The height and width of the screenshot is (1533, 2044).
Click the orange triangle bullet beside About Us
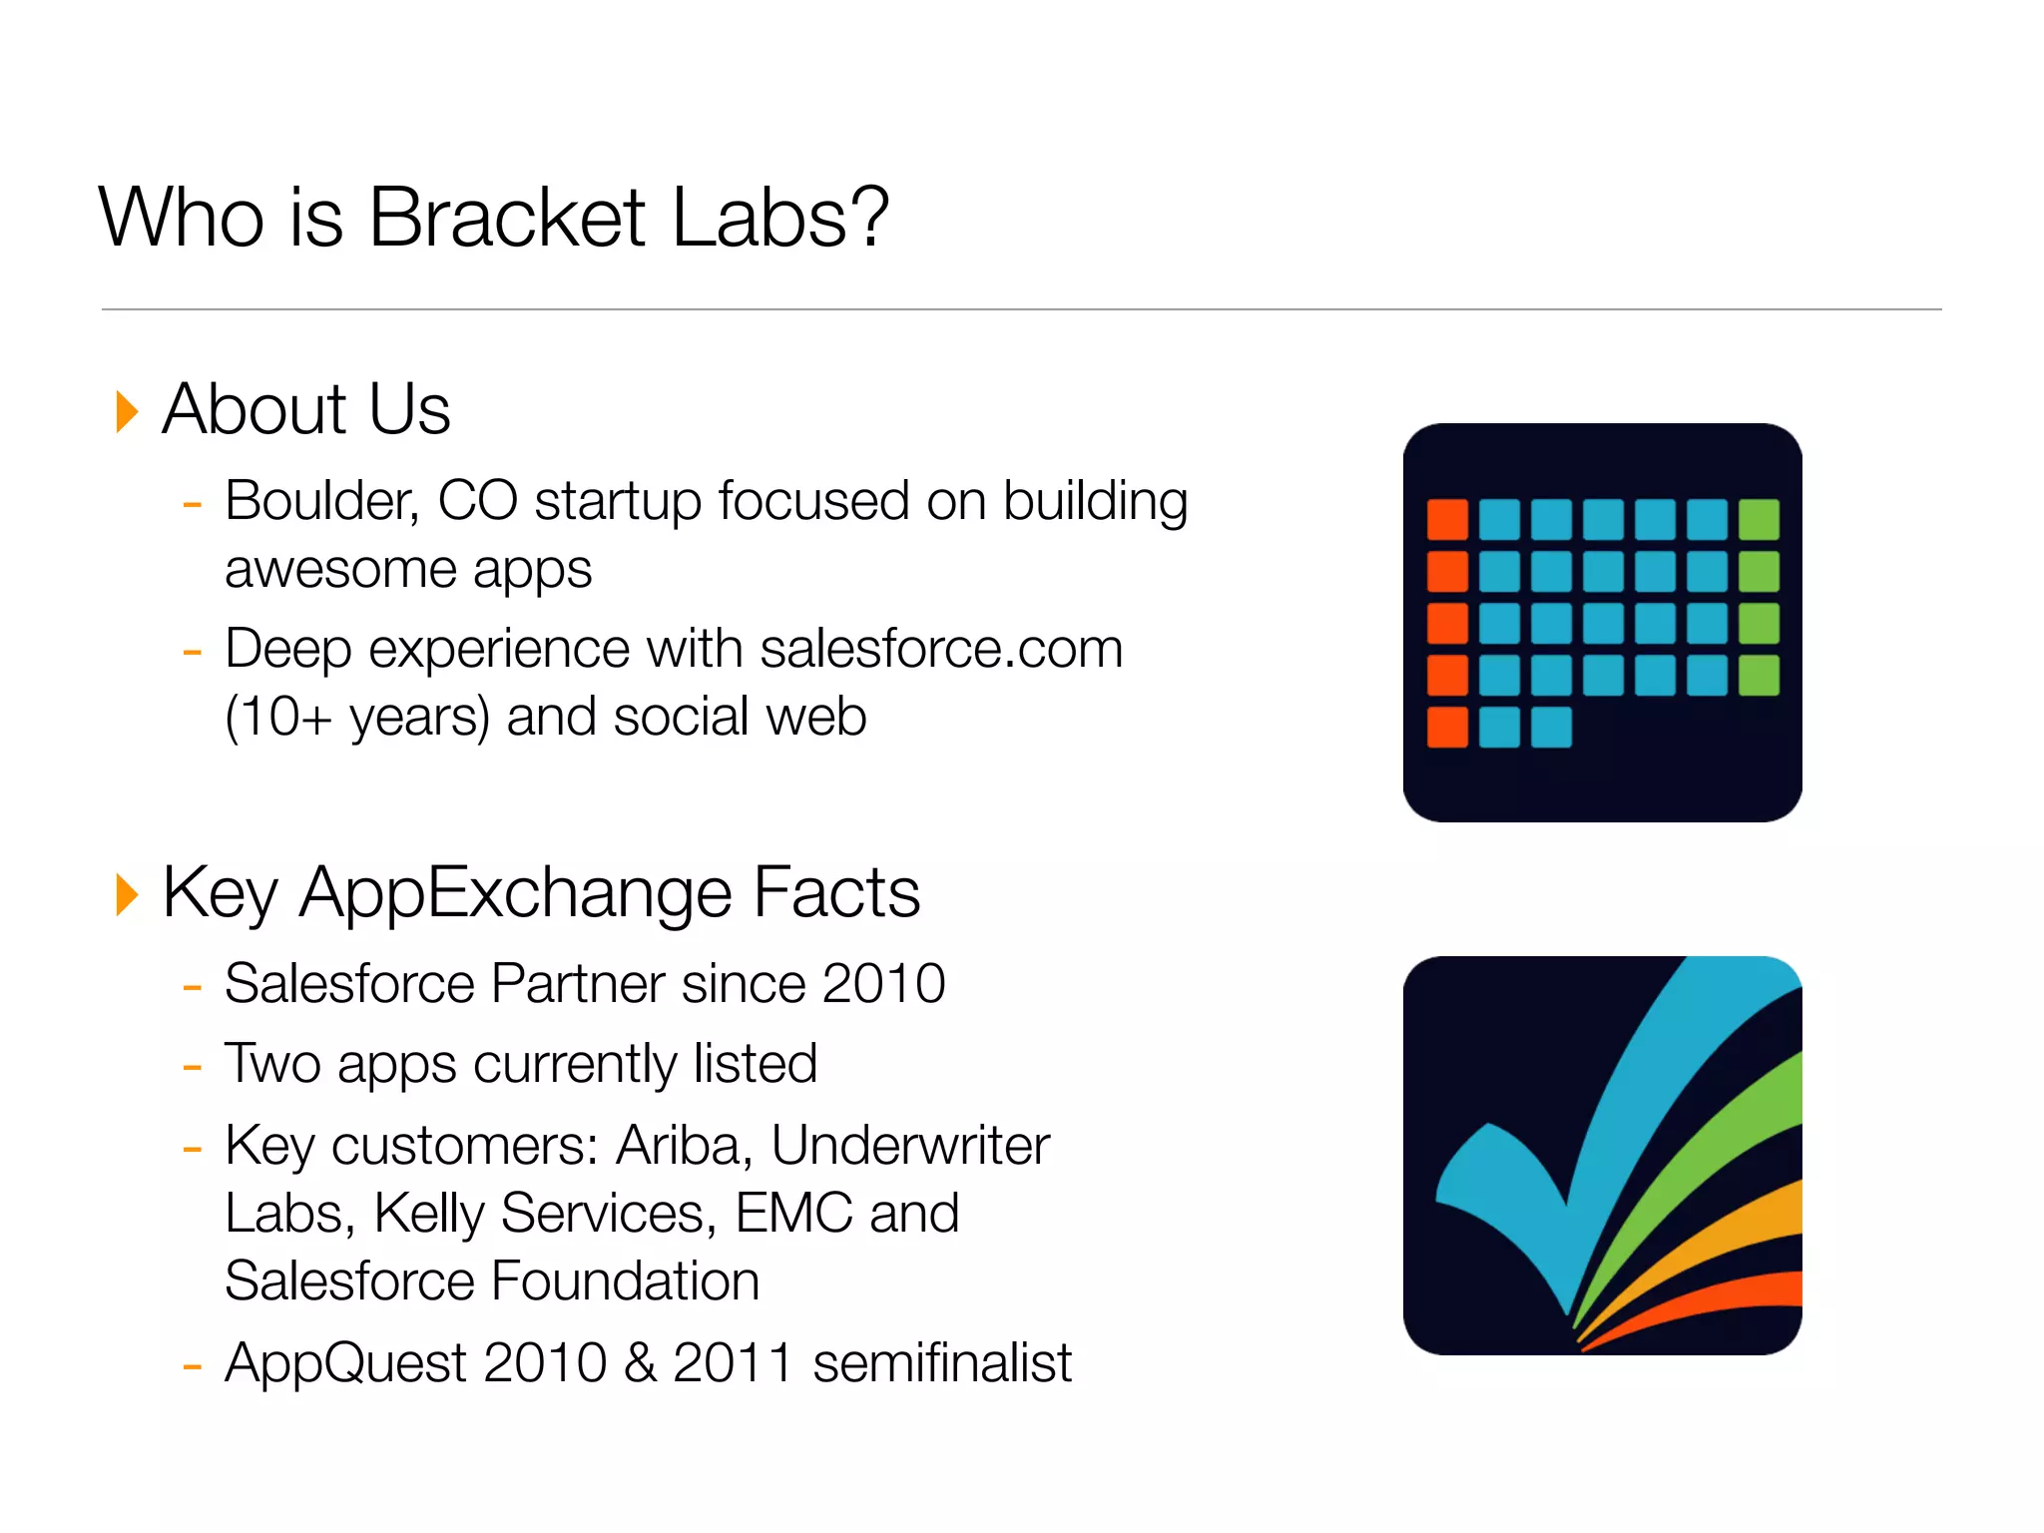127,412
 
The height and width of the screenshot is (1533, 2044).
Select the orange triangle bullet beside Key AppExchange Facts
127,894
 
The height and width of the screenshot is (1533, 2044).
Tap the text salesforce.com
941,650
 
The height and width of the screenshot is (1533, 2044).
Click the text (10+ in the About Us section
278,718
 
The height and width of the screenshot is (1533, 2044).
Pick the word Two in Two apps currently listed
271,1064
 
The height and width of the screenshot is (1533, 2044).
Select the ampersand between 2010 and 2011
640,1363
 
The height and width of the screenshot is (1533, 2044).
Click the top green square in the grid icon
1759,519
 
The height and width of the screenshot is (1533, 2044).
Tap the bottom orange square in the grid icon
1447,727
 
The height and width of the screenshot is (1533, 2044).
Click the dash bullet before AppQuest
193,1365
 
